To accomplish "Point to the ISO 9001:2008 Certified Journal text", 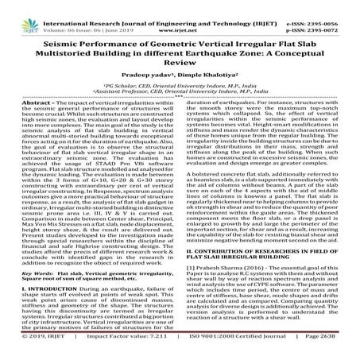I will pos(223,347).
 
